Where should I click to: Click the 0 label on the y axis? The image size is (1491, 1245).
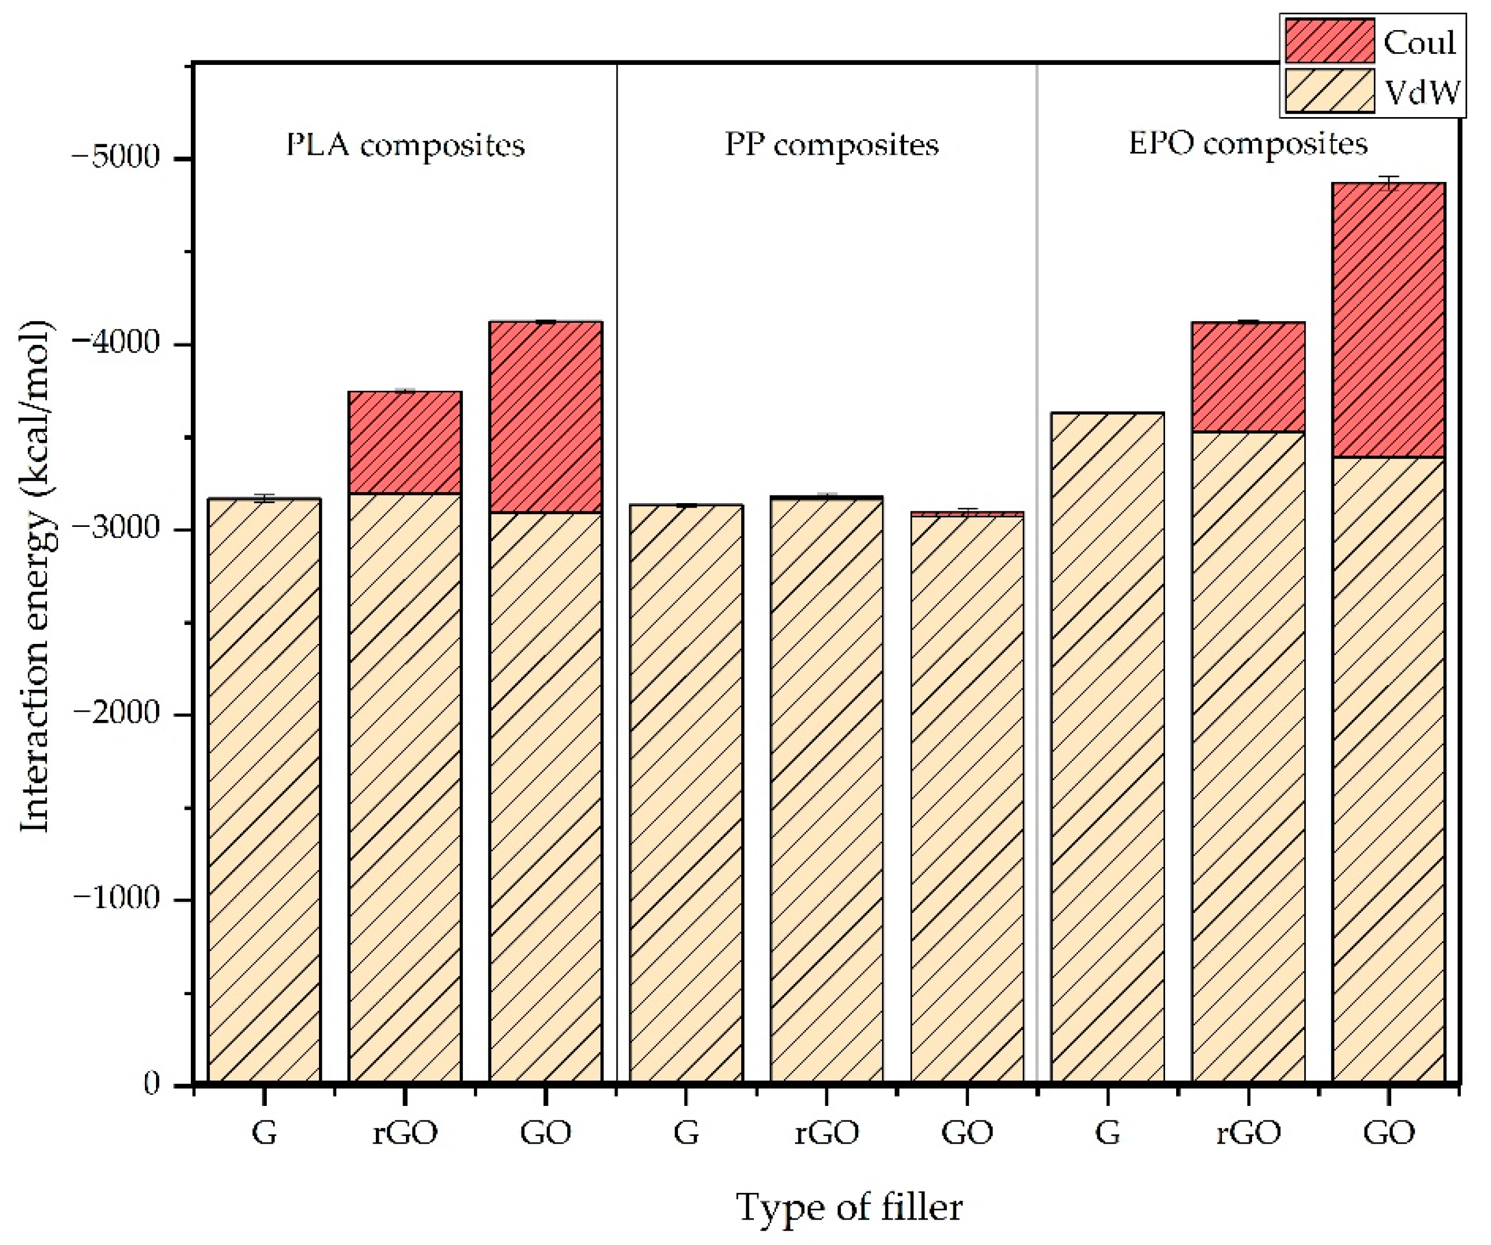pos(151,1083)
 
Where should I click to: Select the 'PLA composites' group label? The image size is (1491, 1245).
pos(405,145)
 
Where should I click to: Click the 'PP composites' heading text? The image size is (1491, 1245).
pos(832,145)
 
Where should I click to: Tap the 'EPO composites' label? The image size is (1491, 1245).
pos(1247,144)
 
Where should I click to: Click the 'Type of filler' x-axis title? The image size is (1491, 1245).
pos(848,1207)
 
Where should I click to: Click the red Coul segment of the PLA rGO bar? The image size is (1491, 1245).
pos(405,442)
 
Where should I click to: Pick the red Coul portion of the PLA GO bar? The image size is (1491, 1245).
pos(545,417)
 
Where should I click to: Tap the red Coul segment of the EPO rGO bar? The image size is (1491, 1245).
pos(1247,377)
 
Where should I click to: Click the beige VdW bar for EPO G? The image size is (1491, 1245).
pos(1107,745)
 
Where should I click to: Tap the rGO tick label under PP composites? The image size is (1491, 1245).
pos(826,1134)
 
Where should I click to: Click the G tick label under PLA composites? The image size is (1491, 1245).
pos(264,1134)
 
